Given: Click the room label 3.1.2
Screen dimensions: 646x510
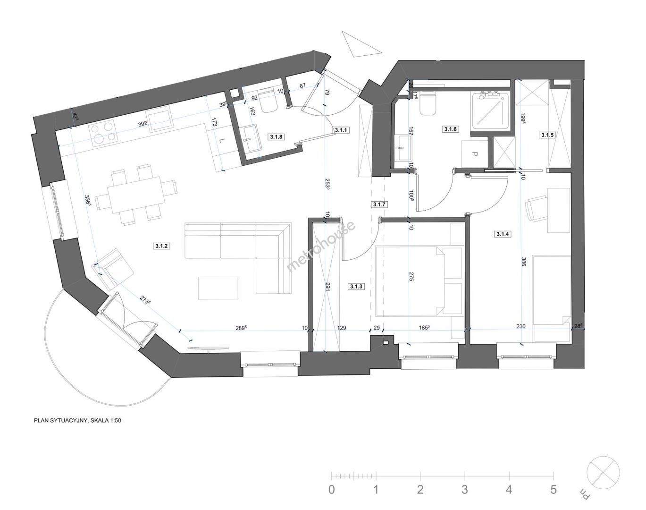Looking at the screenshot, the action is [162, 246].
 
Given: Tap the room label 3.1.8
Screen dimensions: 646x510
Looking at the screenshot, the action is [276, 137].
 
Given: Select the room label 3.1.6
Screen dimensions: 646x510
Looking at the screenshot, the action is [450, 129].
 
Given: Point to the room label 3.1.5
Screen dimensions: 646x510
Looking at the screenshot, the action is [547, 135].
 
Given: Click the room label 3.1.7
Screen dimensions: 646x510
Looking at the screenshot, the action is [379, 204].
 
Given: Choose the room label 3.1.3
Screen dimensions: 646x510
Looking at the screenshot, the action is [356, 287].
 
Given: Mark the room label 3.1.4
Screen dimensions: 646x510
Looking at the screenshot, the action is [503, 234].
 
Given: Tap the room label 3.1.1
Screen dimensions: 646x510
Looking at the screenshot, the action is [341, 130].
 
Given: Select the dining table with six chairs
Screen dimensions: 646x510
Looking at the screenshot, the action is [136, 195].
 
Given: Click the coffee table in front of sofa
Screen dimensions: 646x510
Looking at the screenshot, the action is [218, 288].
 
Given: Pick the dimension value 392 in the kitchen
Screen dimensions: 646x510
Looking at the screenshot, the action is [143, 124].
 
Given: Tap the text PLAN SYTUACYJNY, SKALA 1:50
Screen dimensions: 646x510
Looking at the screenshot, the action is [77, 420].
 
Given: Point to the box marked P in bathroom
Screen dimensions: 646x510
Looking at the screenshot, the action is [475, 154].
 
